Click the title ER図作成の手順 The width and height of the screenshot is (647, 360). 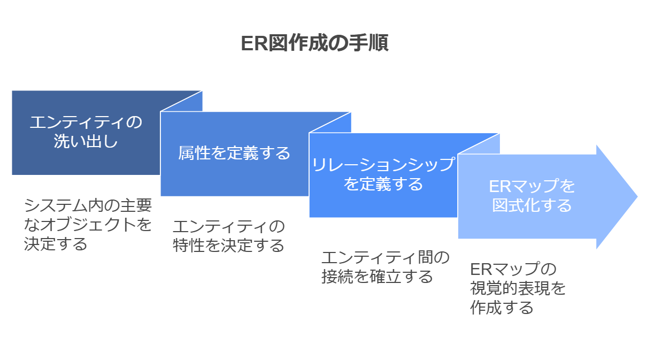314,43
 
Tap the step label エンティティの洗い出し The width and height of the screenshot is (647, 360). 86,132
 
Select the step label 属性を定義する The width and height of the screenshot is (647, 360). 234,153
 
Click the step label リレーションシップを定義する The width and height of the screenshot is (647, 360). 383,174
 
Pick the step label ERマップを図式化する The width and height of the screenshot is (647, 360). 532,196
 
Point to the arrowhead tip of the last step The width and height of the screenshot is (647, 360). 637,197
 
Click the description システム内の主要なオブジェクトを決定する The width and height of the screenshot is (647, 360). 88,225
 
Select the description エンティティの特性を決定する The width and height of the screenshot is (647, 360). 229,236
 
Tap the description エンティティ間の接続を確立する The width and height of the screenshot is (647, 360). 386,267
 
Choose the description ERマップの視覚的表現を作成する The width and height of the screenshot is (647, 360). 518,288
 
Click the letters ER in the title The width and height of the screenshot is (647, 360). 255,44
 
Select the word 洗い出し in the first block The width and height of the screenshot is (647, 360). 86,141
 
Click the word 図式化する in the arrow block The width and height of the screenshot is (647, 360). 532,205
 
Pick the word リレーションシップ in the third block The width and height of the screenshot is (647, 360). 383,165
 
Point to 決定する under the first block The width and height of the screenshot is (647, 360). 56,244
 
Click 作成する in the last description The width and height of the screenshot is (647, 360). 502,308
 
